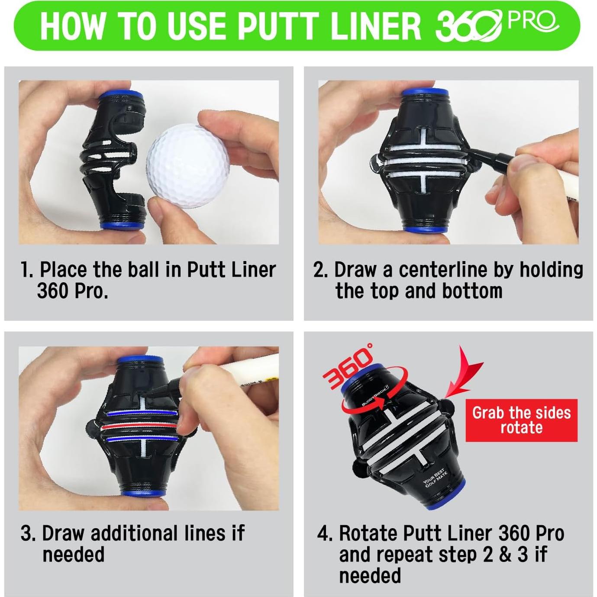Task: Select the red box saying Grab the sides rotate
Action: [521, 420]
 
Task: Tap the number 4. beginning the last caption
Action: [324, 533]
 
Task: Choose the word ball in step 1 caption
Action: [146, 270]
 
